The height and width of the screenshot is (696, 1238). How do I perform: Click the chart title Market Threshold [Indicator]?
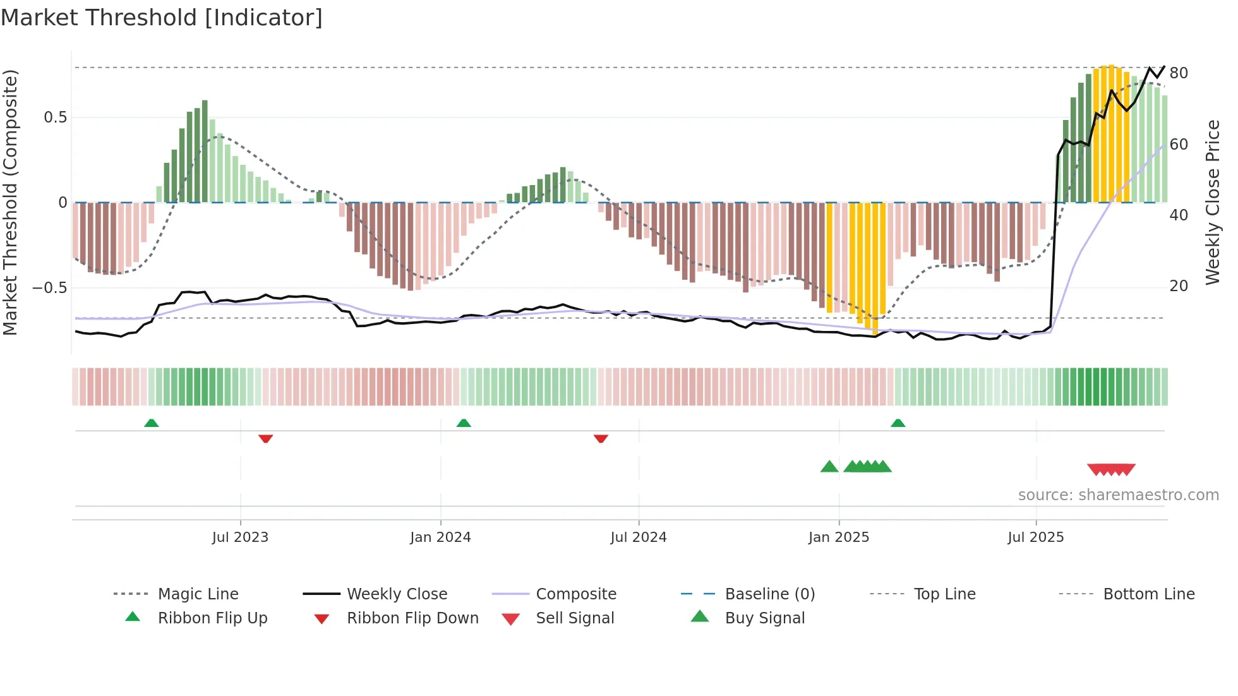[162, 18]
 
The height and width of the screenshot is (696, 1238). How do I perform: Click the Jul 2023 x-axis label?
[240, 537]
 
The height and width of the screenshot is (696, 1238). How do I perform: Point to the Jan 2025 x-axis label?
[839, 537]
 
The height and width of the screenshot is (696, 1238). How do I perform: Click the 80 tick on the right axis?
[1179, 73]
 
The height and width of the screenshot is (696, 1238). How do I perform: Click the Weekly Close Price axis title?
[1213, 202]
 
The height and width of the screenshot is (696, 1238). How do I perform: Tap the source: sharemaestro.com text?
[1118, 495]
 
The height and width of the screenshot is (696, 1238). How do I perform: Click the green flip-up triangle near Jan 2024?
[464, 423]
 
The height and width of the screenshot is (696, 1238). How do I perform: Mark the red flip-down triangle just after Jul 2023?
[265, 438]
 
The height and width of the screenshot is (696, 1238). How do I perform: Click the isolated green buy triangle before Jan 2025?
[829, 467]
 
